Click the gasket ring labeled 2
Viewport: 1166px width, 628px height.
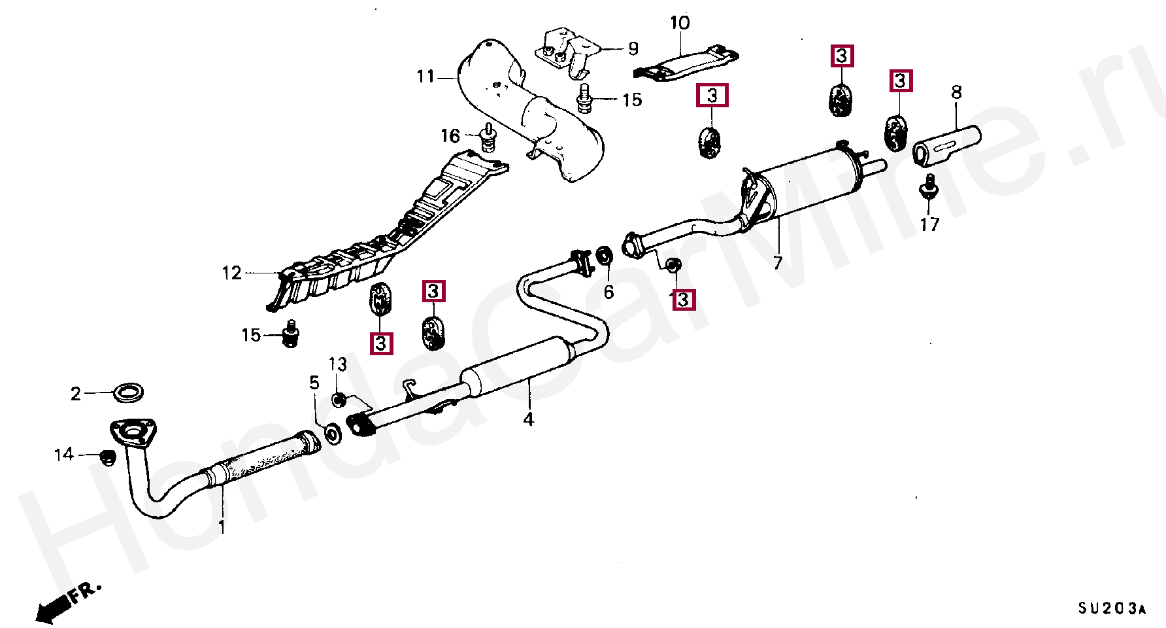point(128,392)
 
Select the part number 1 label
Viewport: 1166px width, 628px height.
point(222,527)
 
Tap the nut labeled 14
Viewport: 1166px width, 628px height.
point(107,457)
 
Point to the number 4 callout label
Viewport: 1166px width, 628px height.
point(528,419)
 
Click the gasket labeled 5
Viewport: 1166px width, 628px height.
point(333,432)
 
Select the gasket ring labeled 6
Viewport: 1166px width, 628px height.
point(605,256)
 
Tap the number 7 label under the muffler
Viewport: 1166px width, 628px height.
point(777,263)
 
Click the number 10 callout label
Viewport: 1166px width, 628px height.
point(680,23)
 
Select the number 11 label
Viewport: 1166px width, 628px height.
point(425,77)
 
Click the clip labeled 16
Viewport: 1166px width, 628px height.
point(488,139)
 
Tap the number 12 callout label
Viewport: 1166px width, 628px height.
point(232,273)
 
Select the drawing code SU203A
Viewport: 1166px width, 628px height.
point(1112,609)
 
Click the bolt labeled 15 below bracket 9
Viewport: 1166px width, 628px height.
point(584,99)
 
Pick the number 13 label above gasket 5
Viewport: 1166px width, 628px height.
point(337,364)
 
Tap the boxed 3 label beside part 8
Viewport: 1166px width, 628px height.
point(901,81)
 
